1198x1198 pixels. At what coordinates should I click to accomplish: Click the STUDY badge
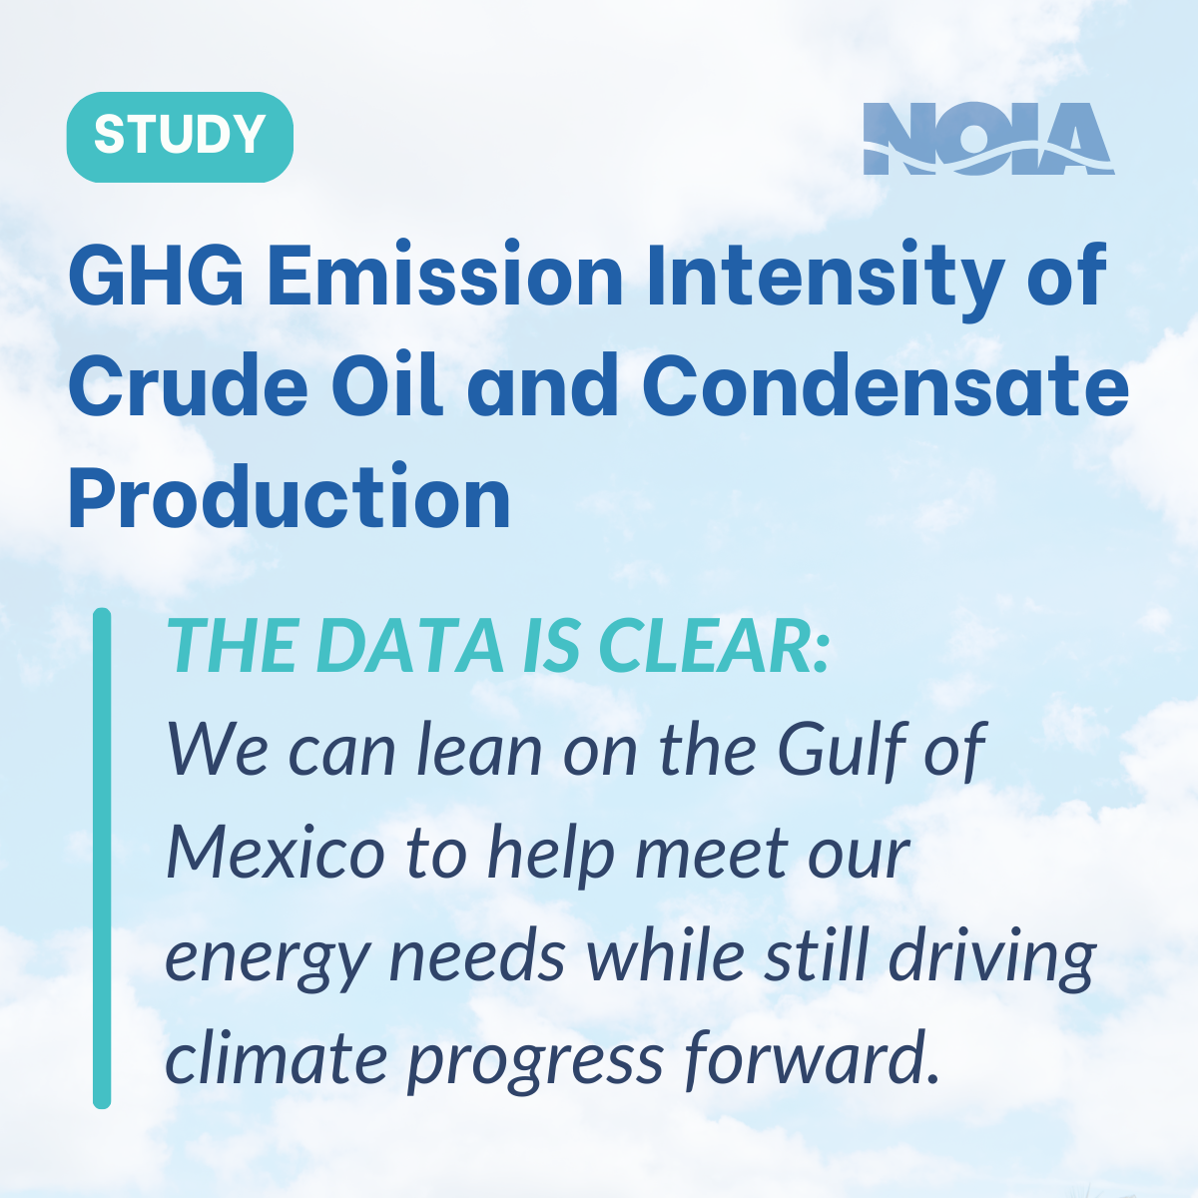pos(180,137)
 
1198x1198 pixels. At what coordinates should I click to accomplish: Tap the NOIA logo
pos(988,139)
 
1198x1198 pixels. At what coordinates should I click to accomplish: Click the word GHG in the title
pos(156,275)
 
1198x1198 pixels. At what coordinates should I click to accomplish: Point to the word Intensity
pos(826,280)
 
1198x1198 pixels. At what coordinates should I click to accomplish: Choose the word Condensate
pos(886,386)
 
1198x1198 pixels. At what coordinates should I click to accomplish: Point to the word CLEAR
pos(708,647)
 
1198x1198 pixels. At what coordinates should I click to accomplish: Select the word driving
pos(992,958)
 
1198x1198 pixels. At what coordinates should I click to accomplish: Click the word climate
pos(277,1057)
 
